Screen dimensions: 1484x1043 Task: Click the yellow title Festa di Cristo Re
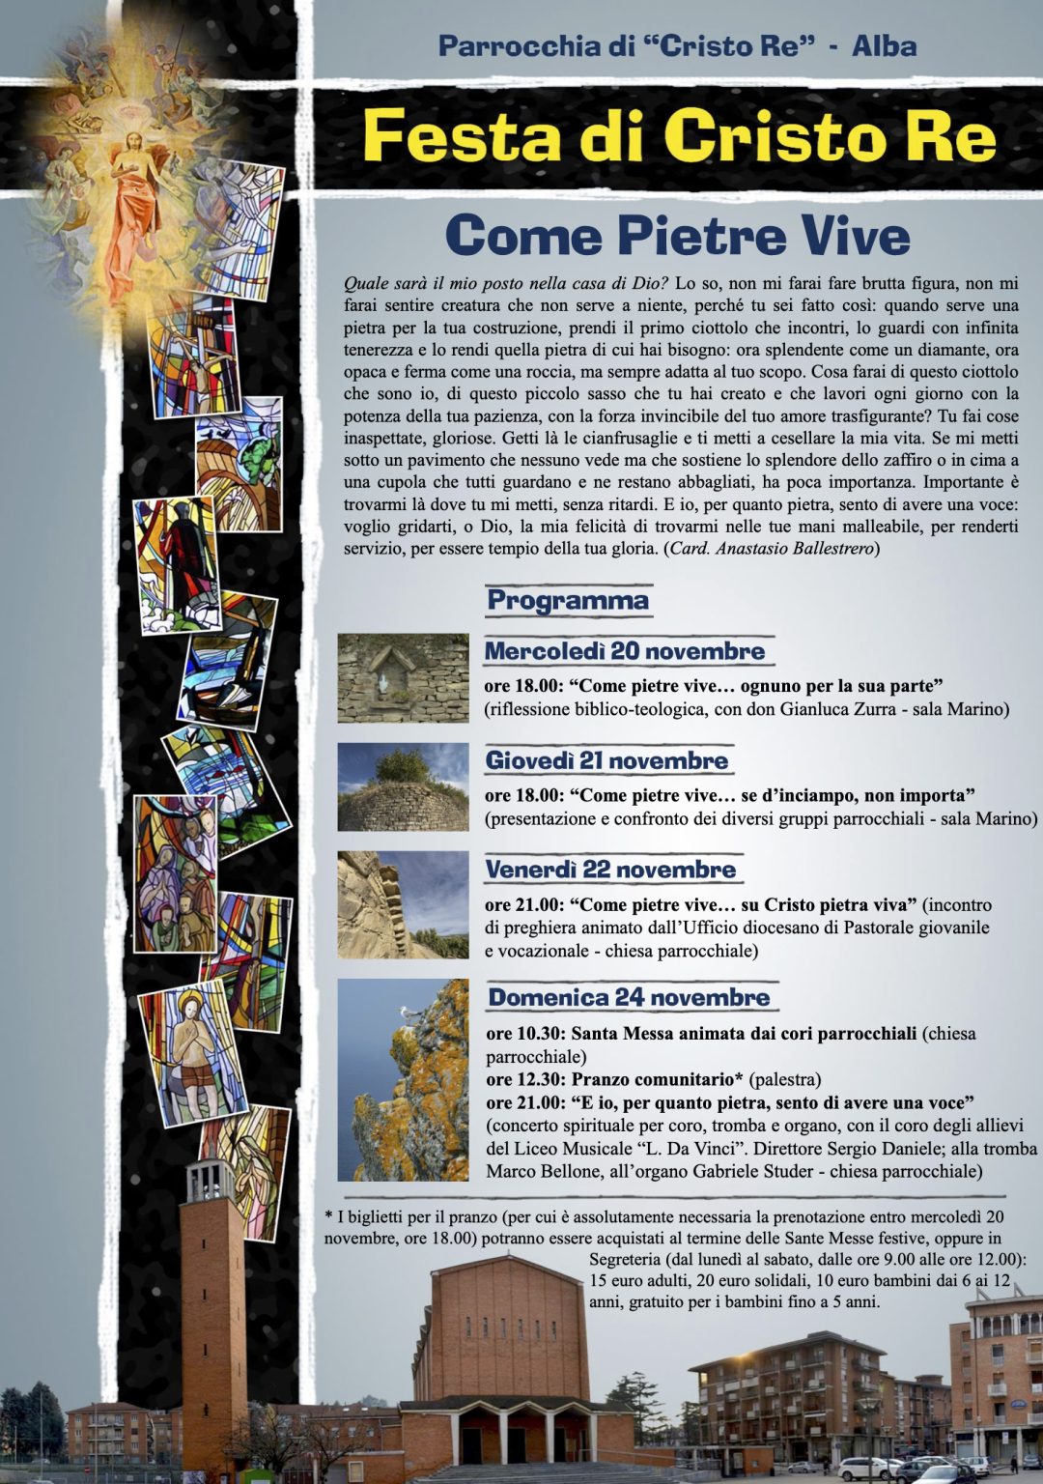(x=679, y=136)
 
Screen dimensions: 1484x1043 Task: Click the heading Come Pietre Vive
(x=677, y=236)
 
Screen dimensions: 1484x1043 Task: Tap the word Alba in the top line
(x=884, y=45)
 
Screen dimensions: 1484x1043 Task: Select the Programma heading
(x=567, y=600)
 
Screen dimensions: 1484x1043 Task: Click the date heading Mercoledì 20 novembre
(x=624, y=651)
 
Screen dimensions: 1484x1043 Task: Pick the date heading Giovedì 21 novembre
(x=606, y=760)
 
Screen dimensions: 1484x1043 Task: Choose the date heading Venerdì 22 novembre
(x=610, y=870)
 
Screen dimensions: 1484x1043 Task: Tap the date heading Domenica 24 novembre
(x=629, y=997)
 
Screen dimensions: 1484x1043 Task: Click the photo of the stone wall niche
(x=403, y=678)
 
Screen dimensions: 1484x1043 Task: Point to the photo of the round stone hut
(x=403, y=787)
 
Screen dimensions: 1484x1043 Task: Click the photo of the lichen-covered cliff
(x=403, y=1080)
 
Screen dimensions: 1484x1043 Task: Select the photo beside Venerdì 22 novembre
(x=403, y=904)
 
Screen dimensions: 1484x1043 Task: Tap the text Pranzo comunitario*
(x=658, y=1079)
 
